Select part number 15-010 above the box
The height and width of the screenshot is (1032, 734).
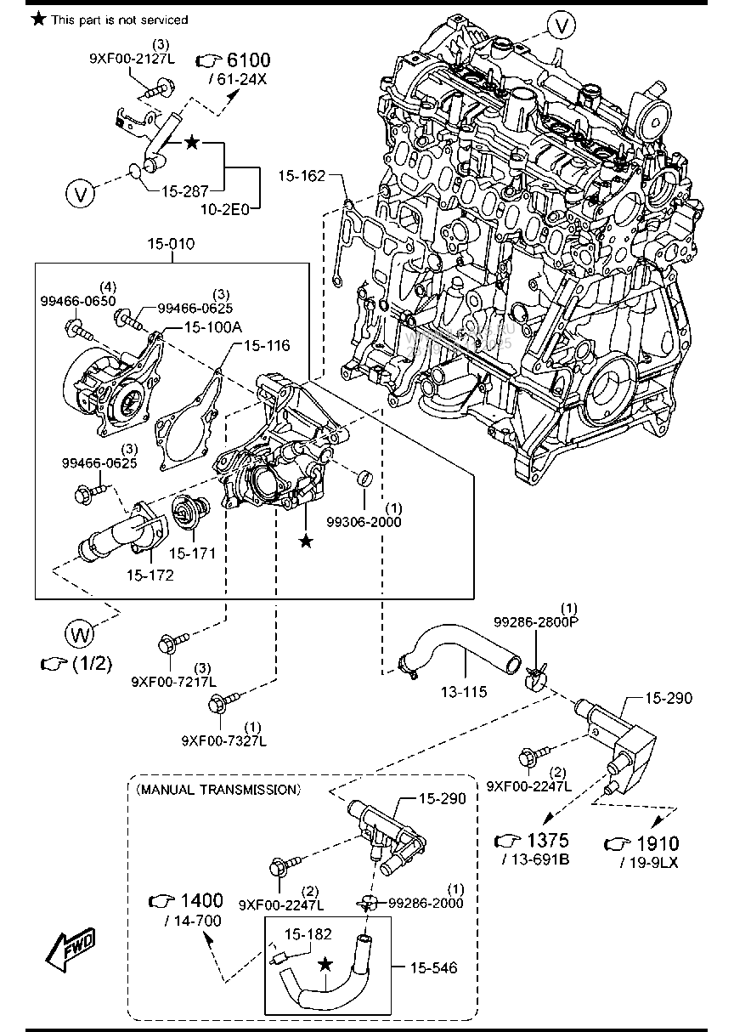pos(171,244)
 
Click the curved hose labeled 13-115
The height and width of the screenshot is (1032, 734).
pos(459,655)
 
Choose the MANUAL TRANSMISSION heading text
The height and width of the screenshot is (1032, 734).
pos(217,789)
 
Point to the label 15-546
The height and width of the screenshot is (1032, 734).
pos(432,967)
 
